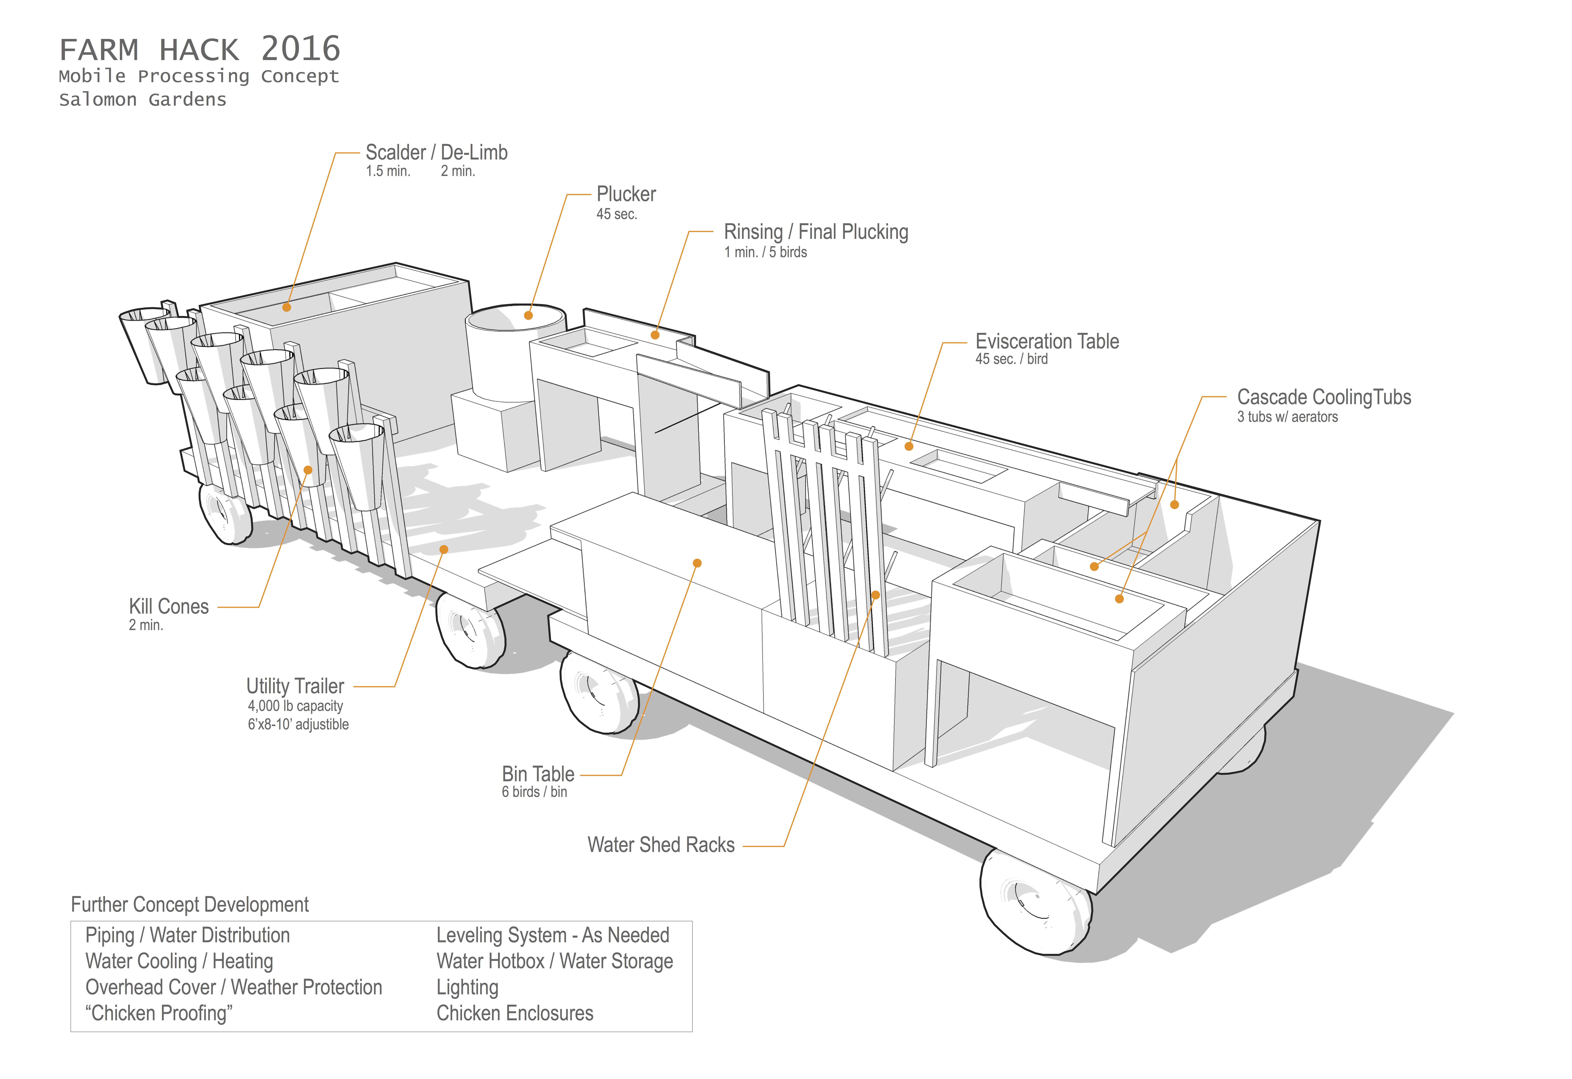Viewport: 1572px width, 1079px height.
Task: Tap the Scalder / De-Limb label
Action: point(436,153)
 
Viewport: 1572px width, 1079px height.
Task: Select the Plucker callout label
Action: point(626,195)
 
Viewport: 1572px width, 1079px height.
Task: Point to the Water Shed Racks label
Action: point(661,845)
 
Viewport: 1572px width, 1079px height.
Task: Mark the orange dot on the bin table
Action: point(697,563)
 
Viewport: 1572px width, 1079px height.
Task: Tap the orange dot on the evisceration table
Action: point(909,446)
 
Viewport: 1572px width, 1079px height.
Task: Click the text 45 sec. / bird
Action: point(1011,360)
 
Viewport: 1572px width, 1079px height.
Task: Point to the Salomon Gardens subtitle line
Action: point(143,100)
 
